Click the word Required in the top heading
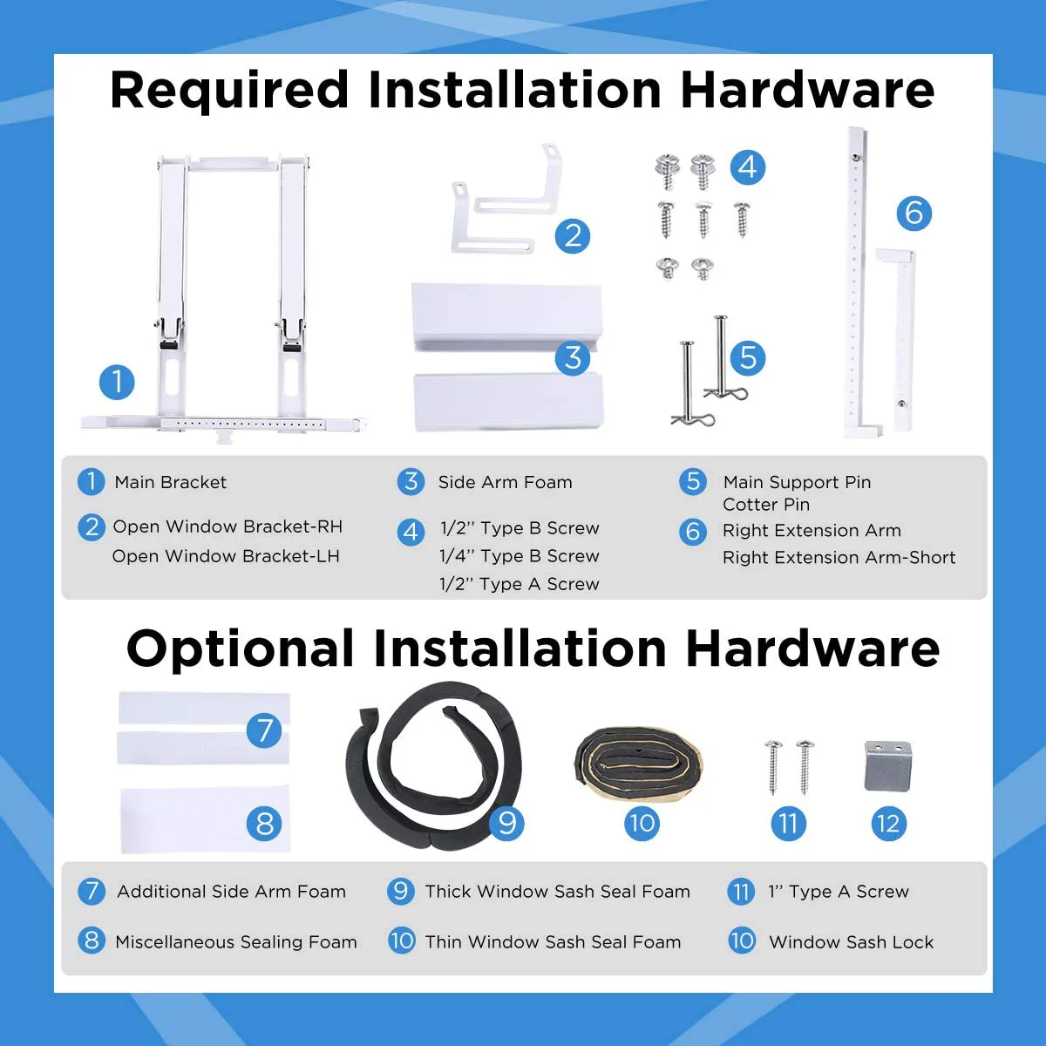click(x=228, y=92)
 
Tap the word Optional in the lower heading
click(x=240, y=649)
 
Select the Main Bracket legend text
click(x=171, y=482)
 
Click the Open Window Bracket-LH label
click(x=226, y=556)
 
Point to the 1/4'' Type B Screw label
click(x=520, y=556)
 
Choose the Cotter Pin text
click(x=766, y=505)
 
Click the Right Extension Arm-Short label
click(x=839, y=558)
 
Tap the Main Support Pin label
click(x=797, y=482)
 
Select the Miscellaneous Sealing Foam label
click(x=236, y=941)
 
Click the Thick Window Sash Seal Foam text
click(x=558, y=892)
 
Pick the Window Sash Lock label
click(x=851, y=941)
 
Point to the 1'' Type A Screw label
click(x=839, y=892)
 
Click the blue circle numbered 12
click(x=888, y=824)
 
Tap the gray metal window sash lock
click(x=888, y=765)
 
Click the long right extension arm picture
click(x=857, y=282)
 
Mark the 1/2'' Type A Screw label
click(x=520, y=584)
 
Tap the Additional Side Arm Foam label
click(x=231, y=892)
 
